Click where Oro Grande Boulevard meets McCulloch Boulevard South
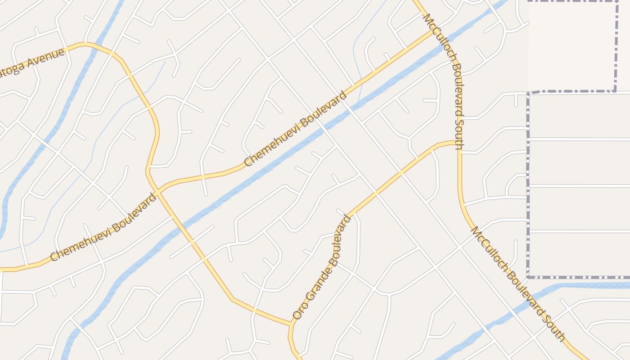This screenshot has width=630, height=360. [x=459, y=142]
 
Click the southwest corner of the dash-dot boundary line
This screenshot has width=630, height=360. [x=528, y=277]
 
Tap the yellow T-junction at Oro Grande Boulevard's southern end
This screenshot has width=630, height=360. [x=291, y=323]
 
